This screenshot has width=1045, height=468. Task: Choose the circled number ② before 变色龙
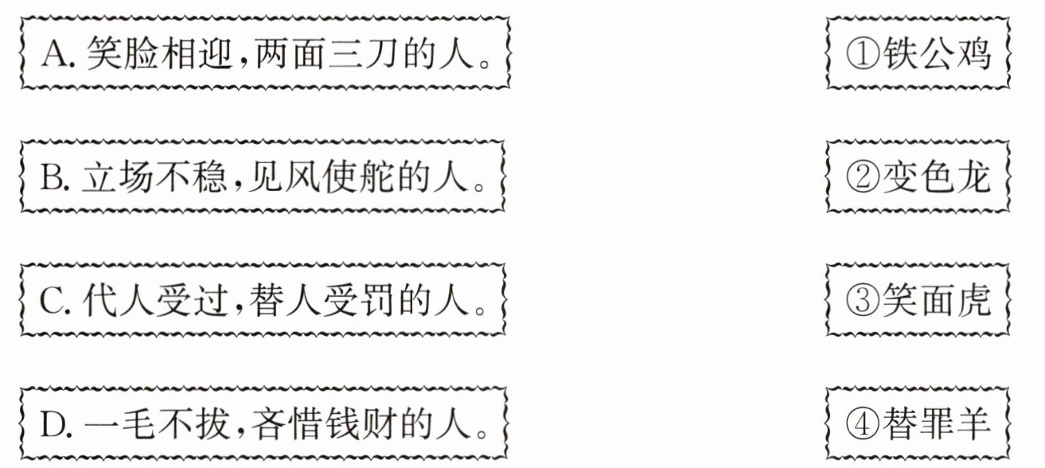(863, 177)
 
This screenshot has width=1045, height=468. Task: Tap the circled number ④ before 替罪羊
(863, 425)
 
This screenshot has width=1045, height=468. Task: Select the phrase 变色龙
(937, 177)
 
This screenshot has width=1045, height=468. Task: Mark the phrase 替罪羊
(937, 425)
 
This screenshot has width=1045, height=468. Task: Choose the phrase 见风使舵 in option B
(316, 177)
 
